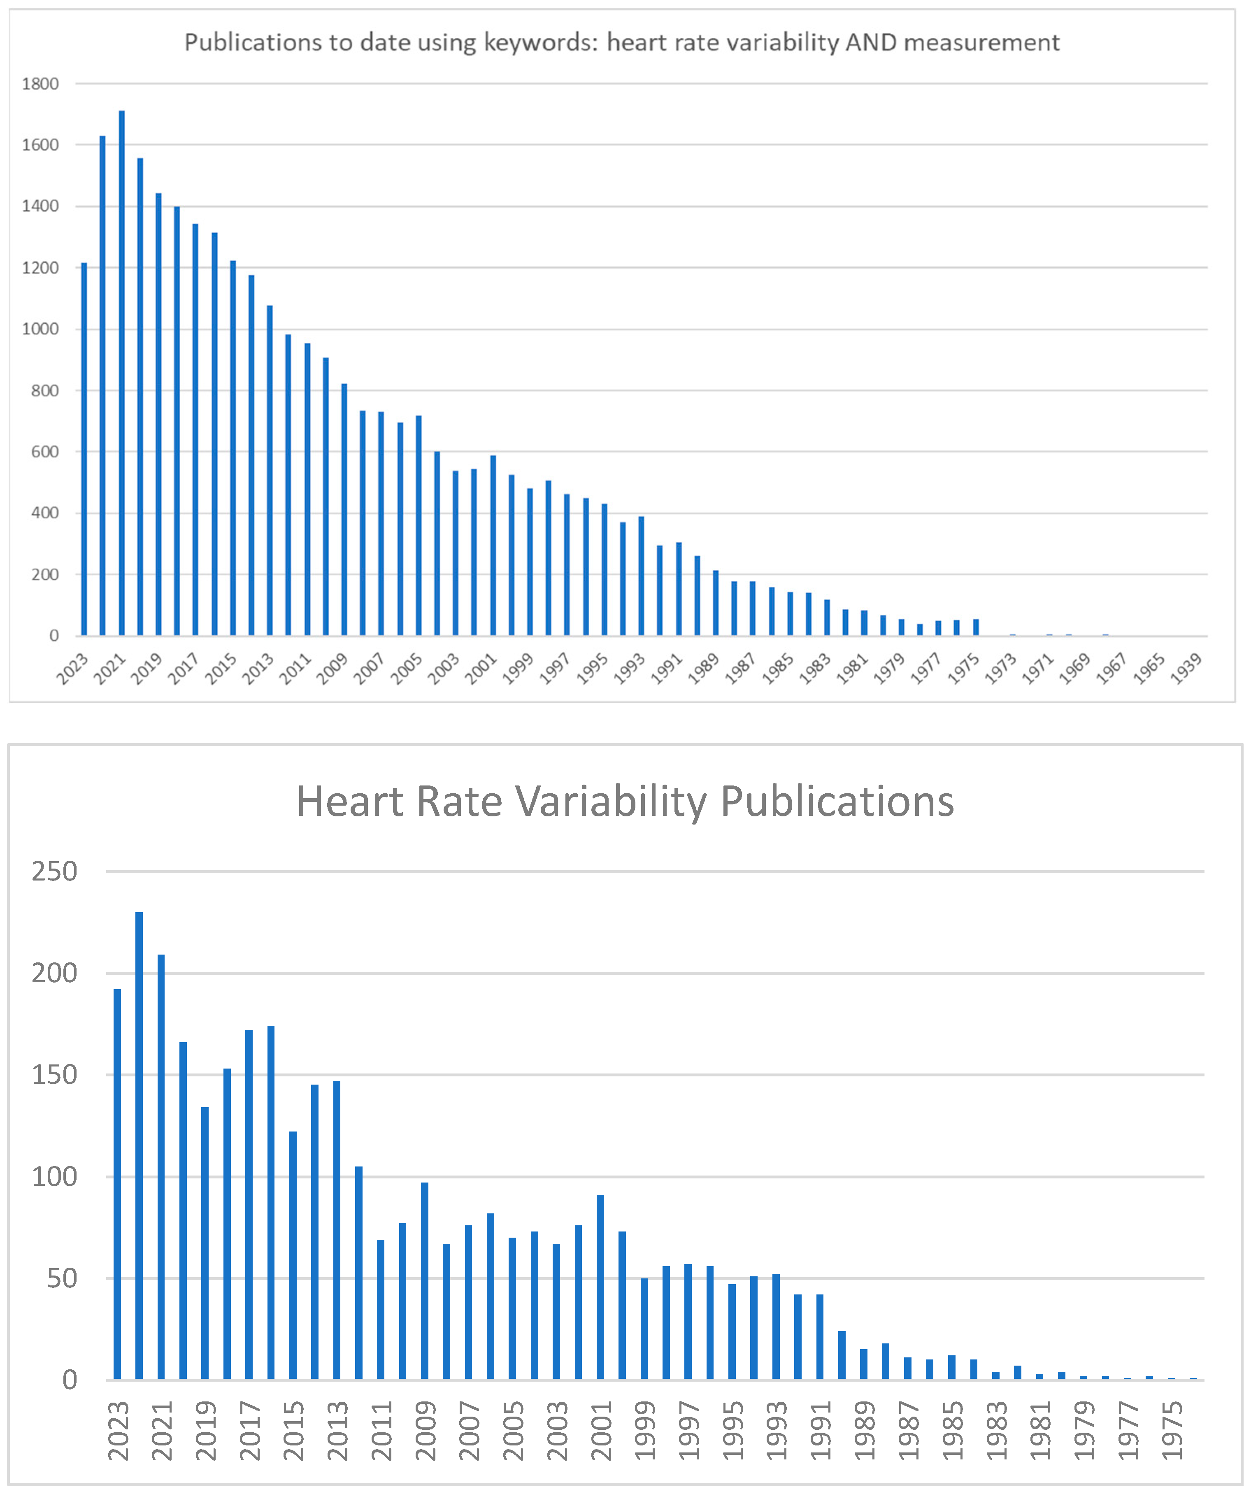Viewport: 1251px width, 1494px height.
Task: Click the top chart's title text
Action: tap(622, 43)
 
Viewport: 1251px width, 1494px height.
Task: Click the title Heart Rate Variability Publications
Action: tap(625, 802)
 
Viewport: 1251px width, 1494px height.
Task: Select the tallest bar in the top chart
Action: tap(122, 370)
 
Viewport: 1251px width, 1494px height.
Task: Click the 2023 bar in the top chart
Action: tap(84, 448)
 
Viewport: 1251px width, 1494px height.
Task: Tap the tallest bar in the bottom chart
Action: tap(139, 1145)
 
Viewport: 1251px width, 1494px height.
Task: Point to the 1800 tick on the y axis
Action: tap(41, 84)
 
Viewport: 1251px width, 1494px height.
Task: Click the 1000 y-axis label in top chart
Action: tap(41, 330)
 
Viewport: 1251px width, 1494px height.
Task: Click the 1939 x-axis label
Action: tap(1186, 669)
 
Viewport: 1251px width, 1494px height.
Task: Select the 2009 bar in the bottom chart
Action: tap(425, 1280)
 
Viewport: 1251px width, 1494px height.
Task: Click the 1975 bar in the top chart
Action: tap(976, 627)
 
